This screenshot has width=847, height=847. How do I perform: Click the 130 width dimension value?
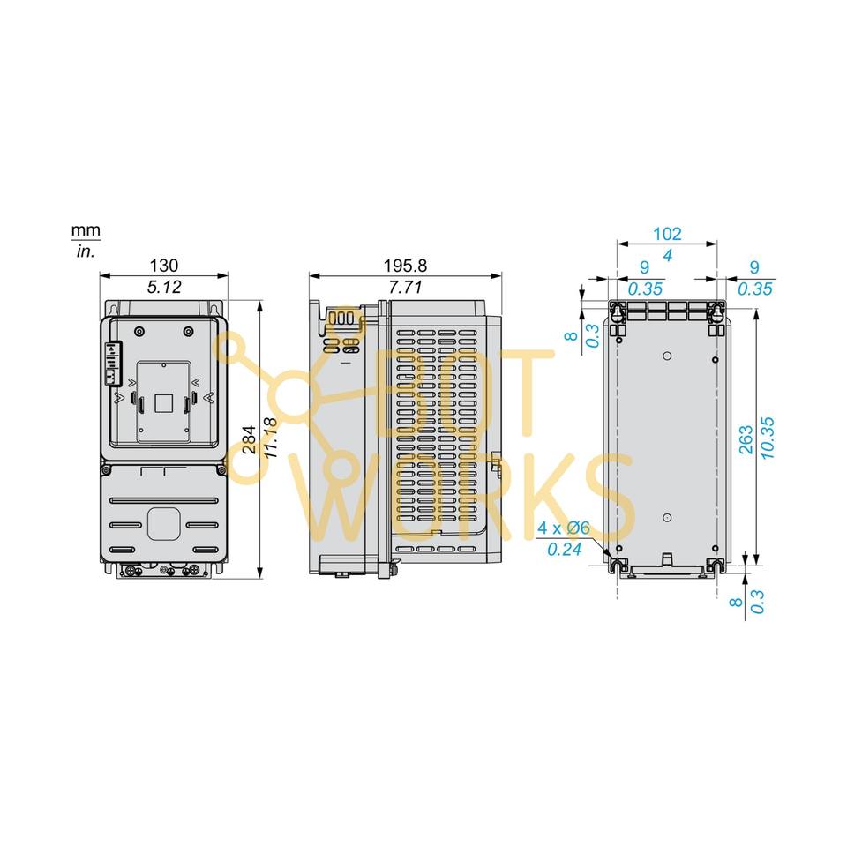[x=163, y=265]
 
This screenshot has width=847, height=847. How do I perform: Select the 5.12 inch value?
[x=163, y=287]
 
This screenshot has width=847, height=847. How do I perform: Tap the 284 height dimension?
[x=250, y=438]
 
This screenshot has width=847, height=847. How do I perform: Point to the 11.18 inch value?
[x=272, y=438]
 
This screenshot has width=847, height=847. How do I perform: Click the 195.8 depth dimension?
[x=404, y=265]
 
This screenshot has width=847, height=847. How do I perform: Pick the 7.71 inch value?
[x=404, y=287]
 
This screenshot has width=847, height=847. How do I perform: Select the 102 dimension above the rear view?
[x=667, y=234]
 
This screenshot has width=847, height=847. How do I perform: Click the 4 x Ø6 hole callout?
[x=564, y=528]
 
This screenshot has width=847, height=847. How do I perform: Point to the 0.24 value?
[x=562, y=550]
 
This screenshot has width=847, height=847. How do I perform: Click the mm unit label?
[x=86, y=231]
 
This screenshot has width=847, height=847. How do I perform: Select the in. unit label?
[x=86, y=251]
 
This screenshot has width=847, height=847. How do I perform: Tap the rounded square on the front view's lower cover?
[x=163, y=523]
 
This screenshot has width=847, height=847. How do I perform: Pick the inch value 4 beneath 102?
[x=667, y=256]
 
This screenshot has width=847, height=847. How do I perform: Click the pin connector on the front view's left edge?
[x=112, y=364]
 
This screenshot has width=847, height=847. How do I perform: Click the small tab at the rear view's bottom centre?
[x=668, y=558]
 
